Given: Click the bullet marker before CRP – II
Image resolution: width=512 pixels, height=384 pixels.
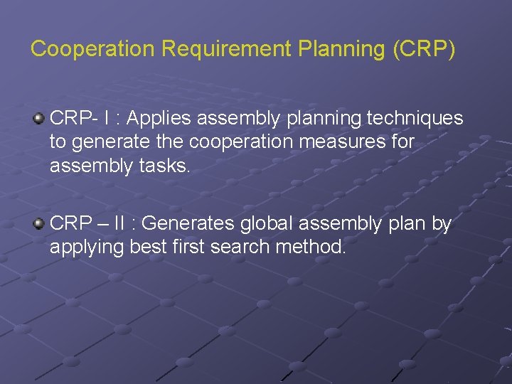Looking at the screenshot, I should pos(39,224).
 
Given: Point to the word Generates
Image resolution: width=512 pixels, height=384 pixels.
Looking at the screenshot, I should pos(188,224).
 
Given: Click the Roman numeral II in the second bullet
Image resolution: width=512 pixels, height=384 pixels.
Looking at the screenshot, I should pos(124,224).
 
